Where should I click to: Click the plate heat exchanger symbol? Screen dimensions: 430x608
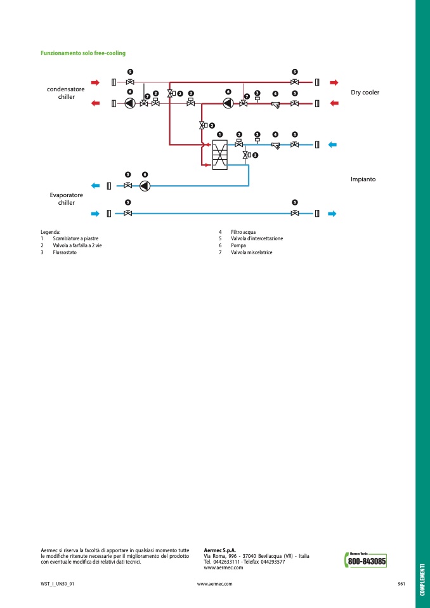coord(219,155)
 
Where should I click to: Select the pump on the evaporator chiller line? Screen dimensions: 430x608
coord(145,186)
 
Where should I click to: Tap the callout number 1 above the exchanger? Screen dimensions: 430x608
coord(219,134)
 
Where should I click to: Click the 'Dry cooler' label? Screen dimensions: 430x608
coord(365,93)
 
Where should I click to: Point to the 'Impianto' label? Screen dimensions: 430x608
coord(363,179)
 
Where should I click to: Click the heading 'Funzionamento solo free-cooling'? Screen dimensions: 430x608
coord(83,53)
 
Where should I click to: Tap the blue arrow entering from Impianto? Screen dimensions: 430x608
coord(332,145)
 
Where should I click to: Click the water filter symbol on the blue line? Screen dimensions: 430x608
coord(276,146)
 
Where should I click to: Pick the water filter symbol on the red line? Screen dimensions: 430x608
coord(276,105)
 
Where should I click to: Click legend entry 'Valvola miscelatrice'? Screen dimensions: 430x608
coord(252,252)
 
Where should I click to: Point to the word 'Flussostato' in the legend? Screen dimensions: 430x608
coord(62,252)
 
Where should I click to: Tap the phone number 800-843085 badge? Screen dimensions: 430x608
coord(366,560)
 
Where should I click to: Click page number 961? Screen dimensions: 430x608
coord(401,584)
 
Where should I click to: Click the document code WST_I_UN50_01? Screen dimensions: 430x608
coord(57,584)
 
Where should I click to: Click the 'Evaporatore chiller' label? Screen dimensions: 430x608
coord(67,199)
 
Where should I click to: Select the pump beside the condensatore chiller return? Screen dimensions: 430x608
coord(130,103)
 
